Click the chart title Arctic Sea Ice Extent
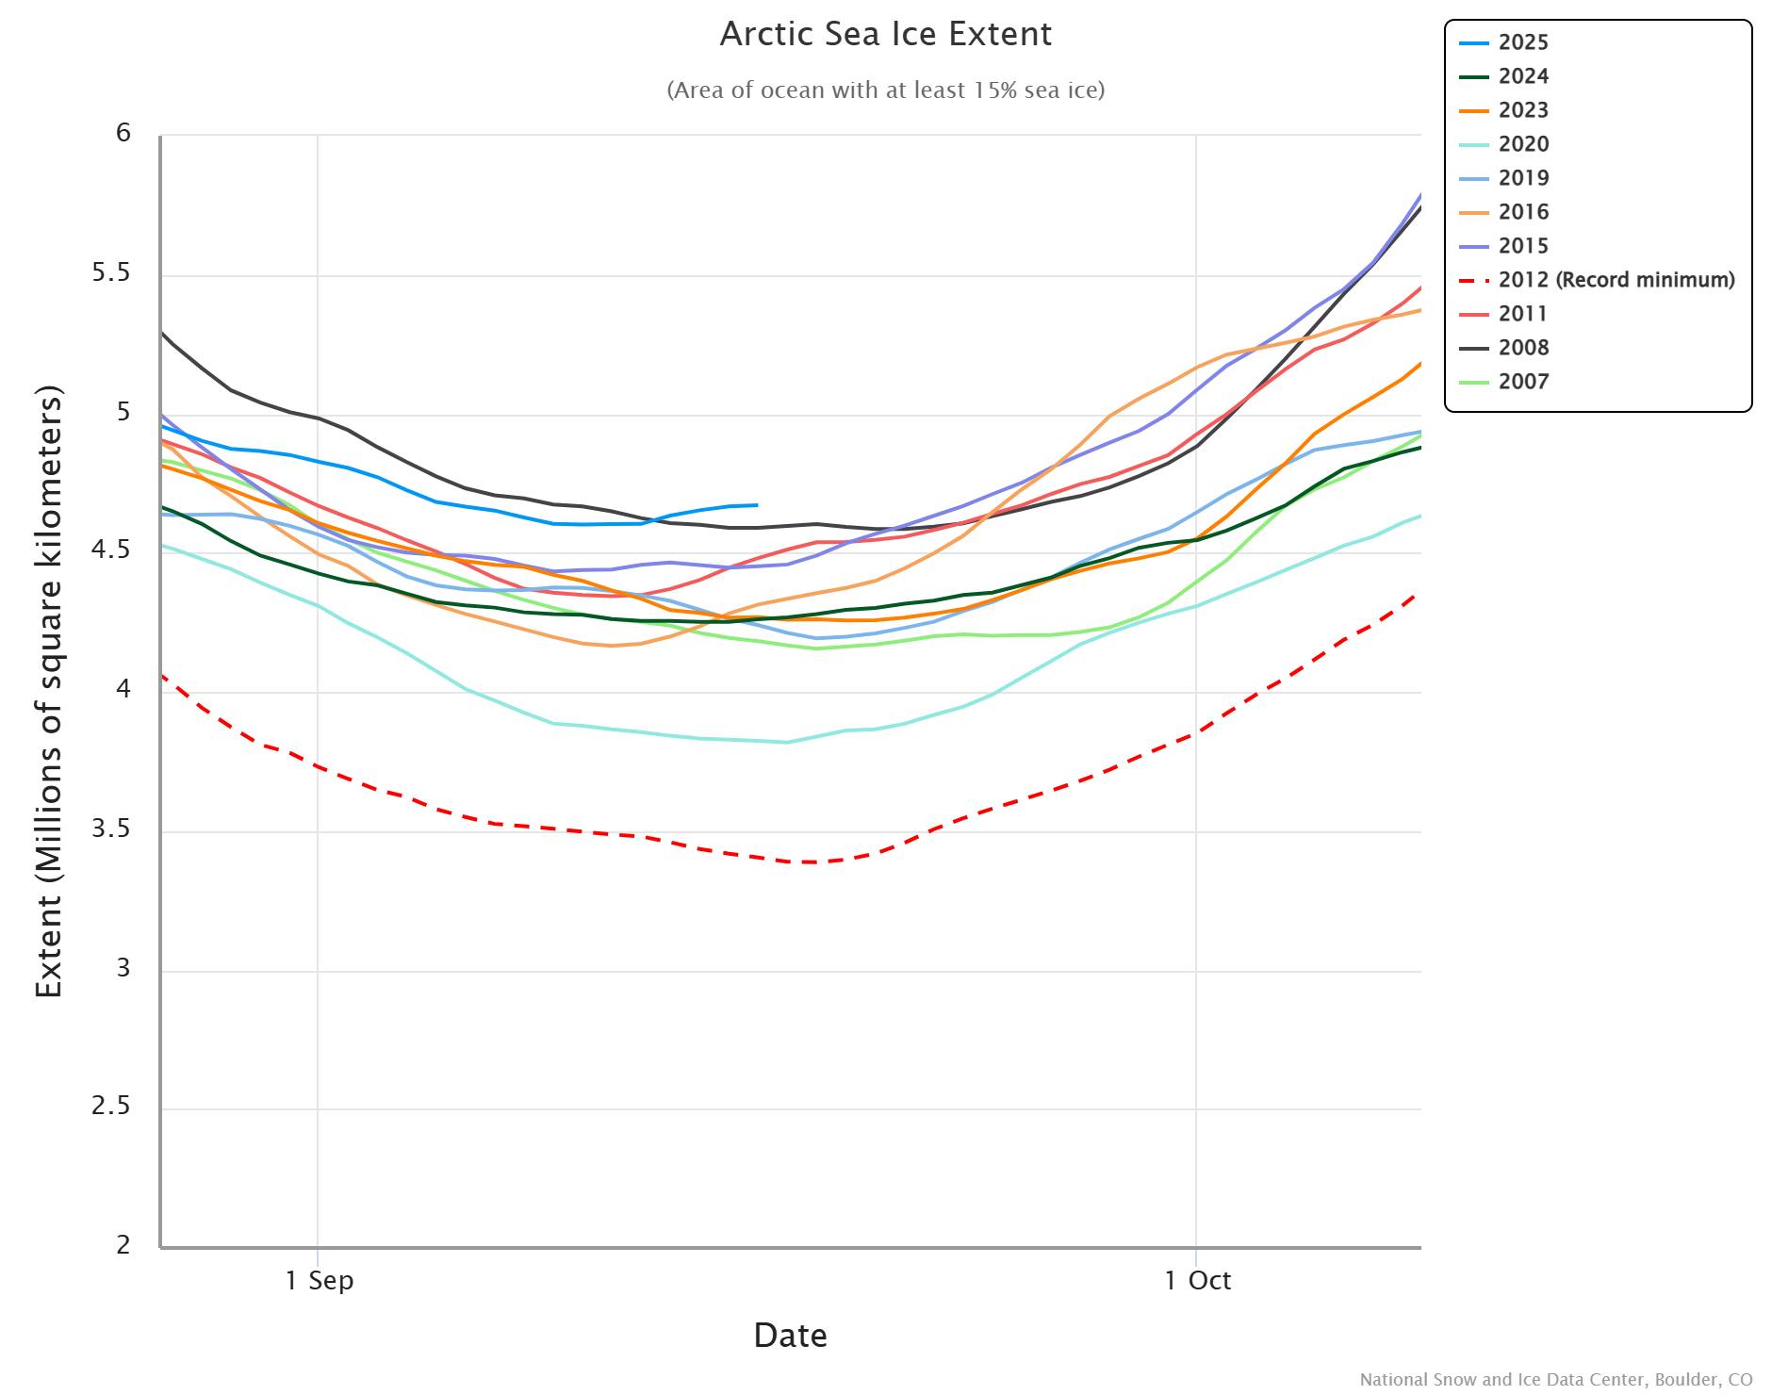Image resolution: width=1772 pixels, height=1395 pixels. pyautogui.click(x=885, y=34)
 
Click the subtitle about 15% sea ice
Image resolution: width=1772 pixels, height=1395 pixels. pyautogui.click(x=885, y=90)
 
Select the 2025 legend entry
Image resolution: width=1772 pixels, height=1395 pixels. pyautogui.click(x=1522, y=42)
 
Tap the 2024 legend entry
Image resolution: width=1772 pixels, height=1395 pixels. pyautogui.click(x=1522, y=76)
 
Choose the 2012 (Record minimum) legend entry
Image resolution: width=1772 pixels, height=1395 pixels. pyautogui.click(x=1616, y=280)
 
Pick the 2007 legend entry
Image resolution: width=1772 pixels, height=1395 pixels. pyautogui.click(x=1522, y=382)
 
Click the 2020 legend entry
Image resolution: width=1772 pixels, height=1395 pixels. pyautogui.click(x=1522, y=144)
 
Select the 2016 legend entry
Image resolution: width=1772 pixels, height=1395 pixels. pyautogui.click(x=1522, y=212)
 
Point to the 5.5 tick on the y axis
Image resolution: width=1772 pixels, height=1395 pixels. pyautogui.click(x=111, y=273)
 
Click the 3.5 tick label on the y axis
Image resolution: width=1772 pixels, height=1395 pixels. pyautogui.click(x=111, y=829)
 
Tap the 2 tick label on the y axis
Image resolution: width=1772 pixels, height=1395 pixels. pyautogui.click(x=123, y=1244)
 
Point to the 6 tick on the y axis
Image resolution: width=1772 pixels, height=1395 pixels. pyautogui.click(x=123, y=133)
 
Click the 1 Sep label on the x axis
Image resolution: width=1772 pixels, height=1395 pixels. pyautogui.click(x=320, y=1280)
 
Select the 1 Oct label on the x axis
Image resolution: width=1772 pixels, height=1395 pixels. pyautogui.click(x=1197, y=1280)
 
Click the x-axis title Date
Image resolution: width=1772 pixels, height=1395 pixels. pyautogui.click(x=790, y=1336)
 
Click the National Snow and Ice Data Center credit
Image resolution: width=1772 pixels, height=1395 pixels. pyautogui.click(x=1555, y=1380)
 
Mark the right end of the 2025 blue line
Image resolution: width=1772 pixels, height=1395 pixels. pyautogui.click(x=757, y=505)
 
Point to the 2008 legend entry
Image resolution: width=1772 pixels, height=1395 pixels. pyautogui.click(x=1522, y=348)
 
